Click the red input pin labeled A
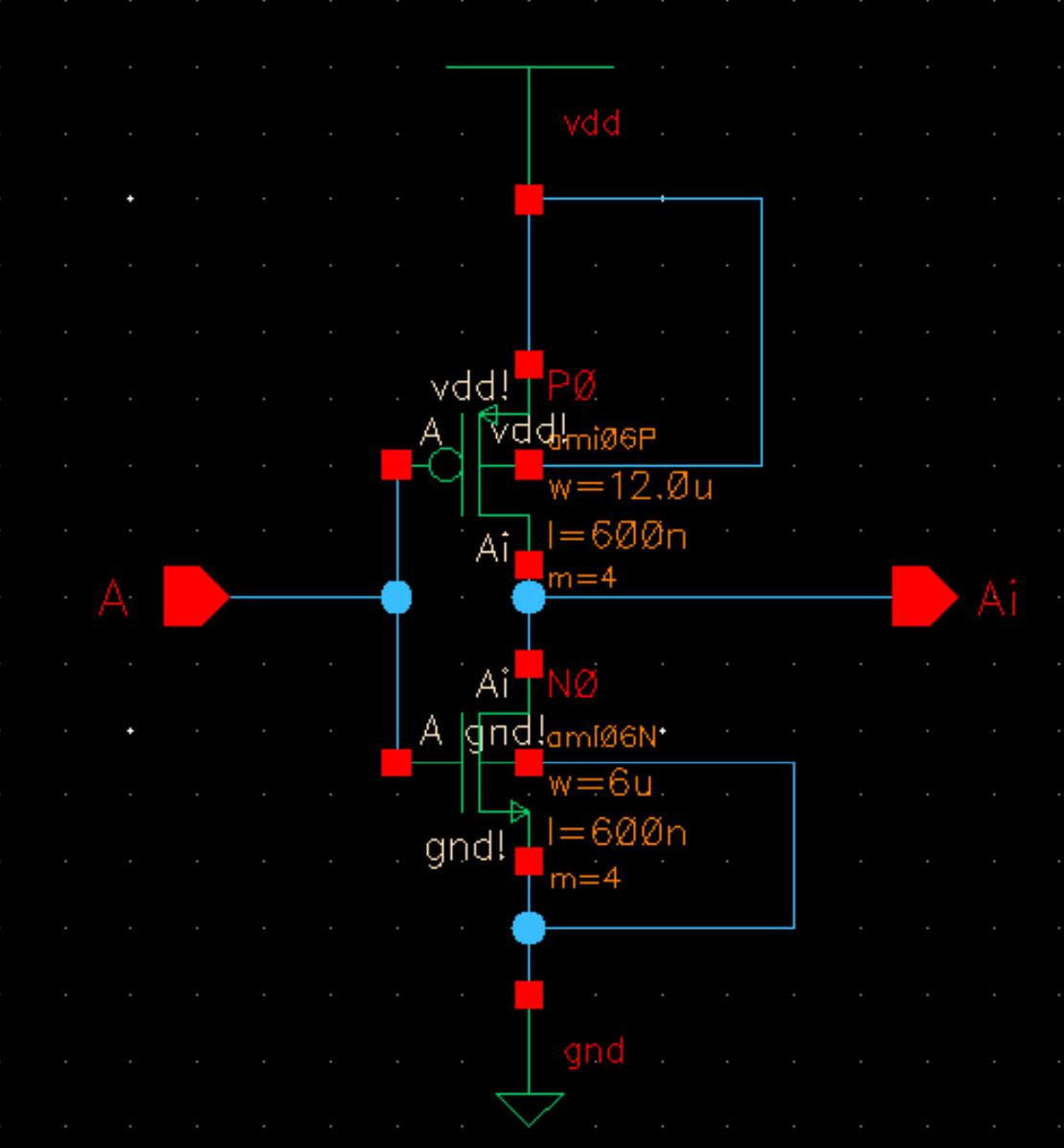pyautogui.click(x=194, y=597)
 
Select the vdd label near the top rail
pyautogui.click(x=592, y=124)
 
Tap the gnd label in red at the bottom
pyautogui.click(x=594, y=1052)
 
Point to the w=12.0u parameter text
pyautogui.click(x=630, y=488)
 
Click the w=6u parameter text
pyautogui.click(x=600, y=785)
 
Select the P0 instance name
pyautogui.click(x=573, y=388)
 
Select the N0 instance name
pyautogui.click(x=573, y=685)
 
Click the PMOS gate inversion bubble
pyautogui.click(x=444, y=466)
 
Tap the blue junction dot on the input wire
pyautogui.click(x=396, y=597)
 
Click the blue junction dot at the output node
pyautogui.click(x=529, y=597)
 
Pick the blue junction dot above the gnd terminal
pyautogui.click(x=529, y=928)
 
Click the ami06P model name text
pyautogui.click(x=601, y=439)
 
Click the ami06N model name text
pyautogui.click(x=601, y=736)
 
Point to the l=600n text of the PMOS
pyautogui.click(x=617, y=536)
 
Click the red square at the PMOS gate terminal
pyautogui.click(x=396, y=465)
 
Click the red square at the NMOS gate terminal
pyautogui.click(x=396, y=763)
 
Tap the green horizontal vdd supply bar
pyautogui.click(x=529, y=67)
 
